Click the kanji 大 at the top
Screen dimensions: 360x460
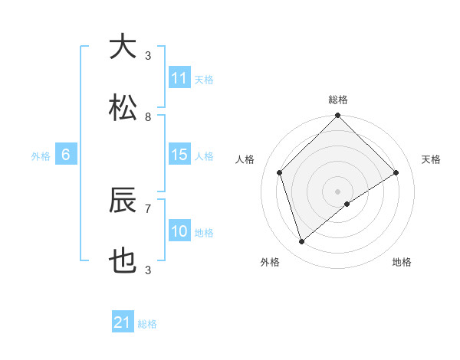123,47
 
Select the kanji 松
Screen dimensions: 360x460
123,107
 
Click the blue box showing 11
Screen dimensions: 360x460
179,78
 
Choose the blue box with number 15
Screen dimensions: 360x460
179,155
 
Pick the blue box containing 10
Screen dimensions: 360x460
179,231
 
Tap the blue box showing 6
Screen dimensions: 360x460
66,155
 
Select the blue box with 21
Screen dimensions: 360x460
123,322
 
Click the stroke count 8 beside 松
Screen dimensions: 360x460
148,117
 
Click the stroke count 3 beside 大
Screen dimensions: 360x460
148,55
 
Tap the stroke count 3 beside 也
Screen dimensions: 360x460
148,270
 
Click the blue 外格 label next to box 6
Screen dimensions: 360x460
41,155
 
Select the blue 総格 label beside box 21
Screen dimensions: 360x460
147,324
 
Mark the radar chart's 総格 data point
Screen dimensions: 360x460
337,116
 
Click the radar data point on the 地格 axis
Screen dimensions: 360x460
347,204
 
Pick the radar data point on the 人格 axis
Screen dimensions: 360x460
279,172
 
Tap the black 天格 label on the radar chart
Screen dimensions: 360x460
432,159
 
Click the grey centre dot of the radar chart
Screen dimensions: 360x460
337,191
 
